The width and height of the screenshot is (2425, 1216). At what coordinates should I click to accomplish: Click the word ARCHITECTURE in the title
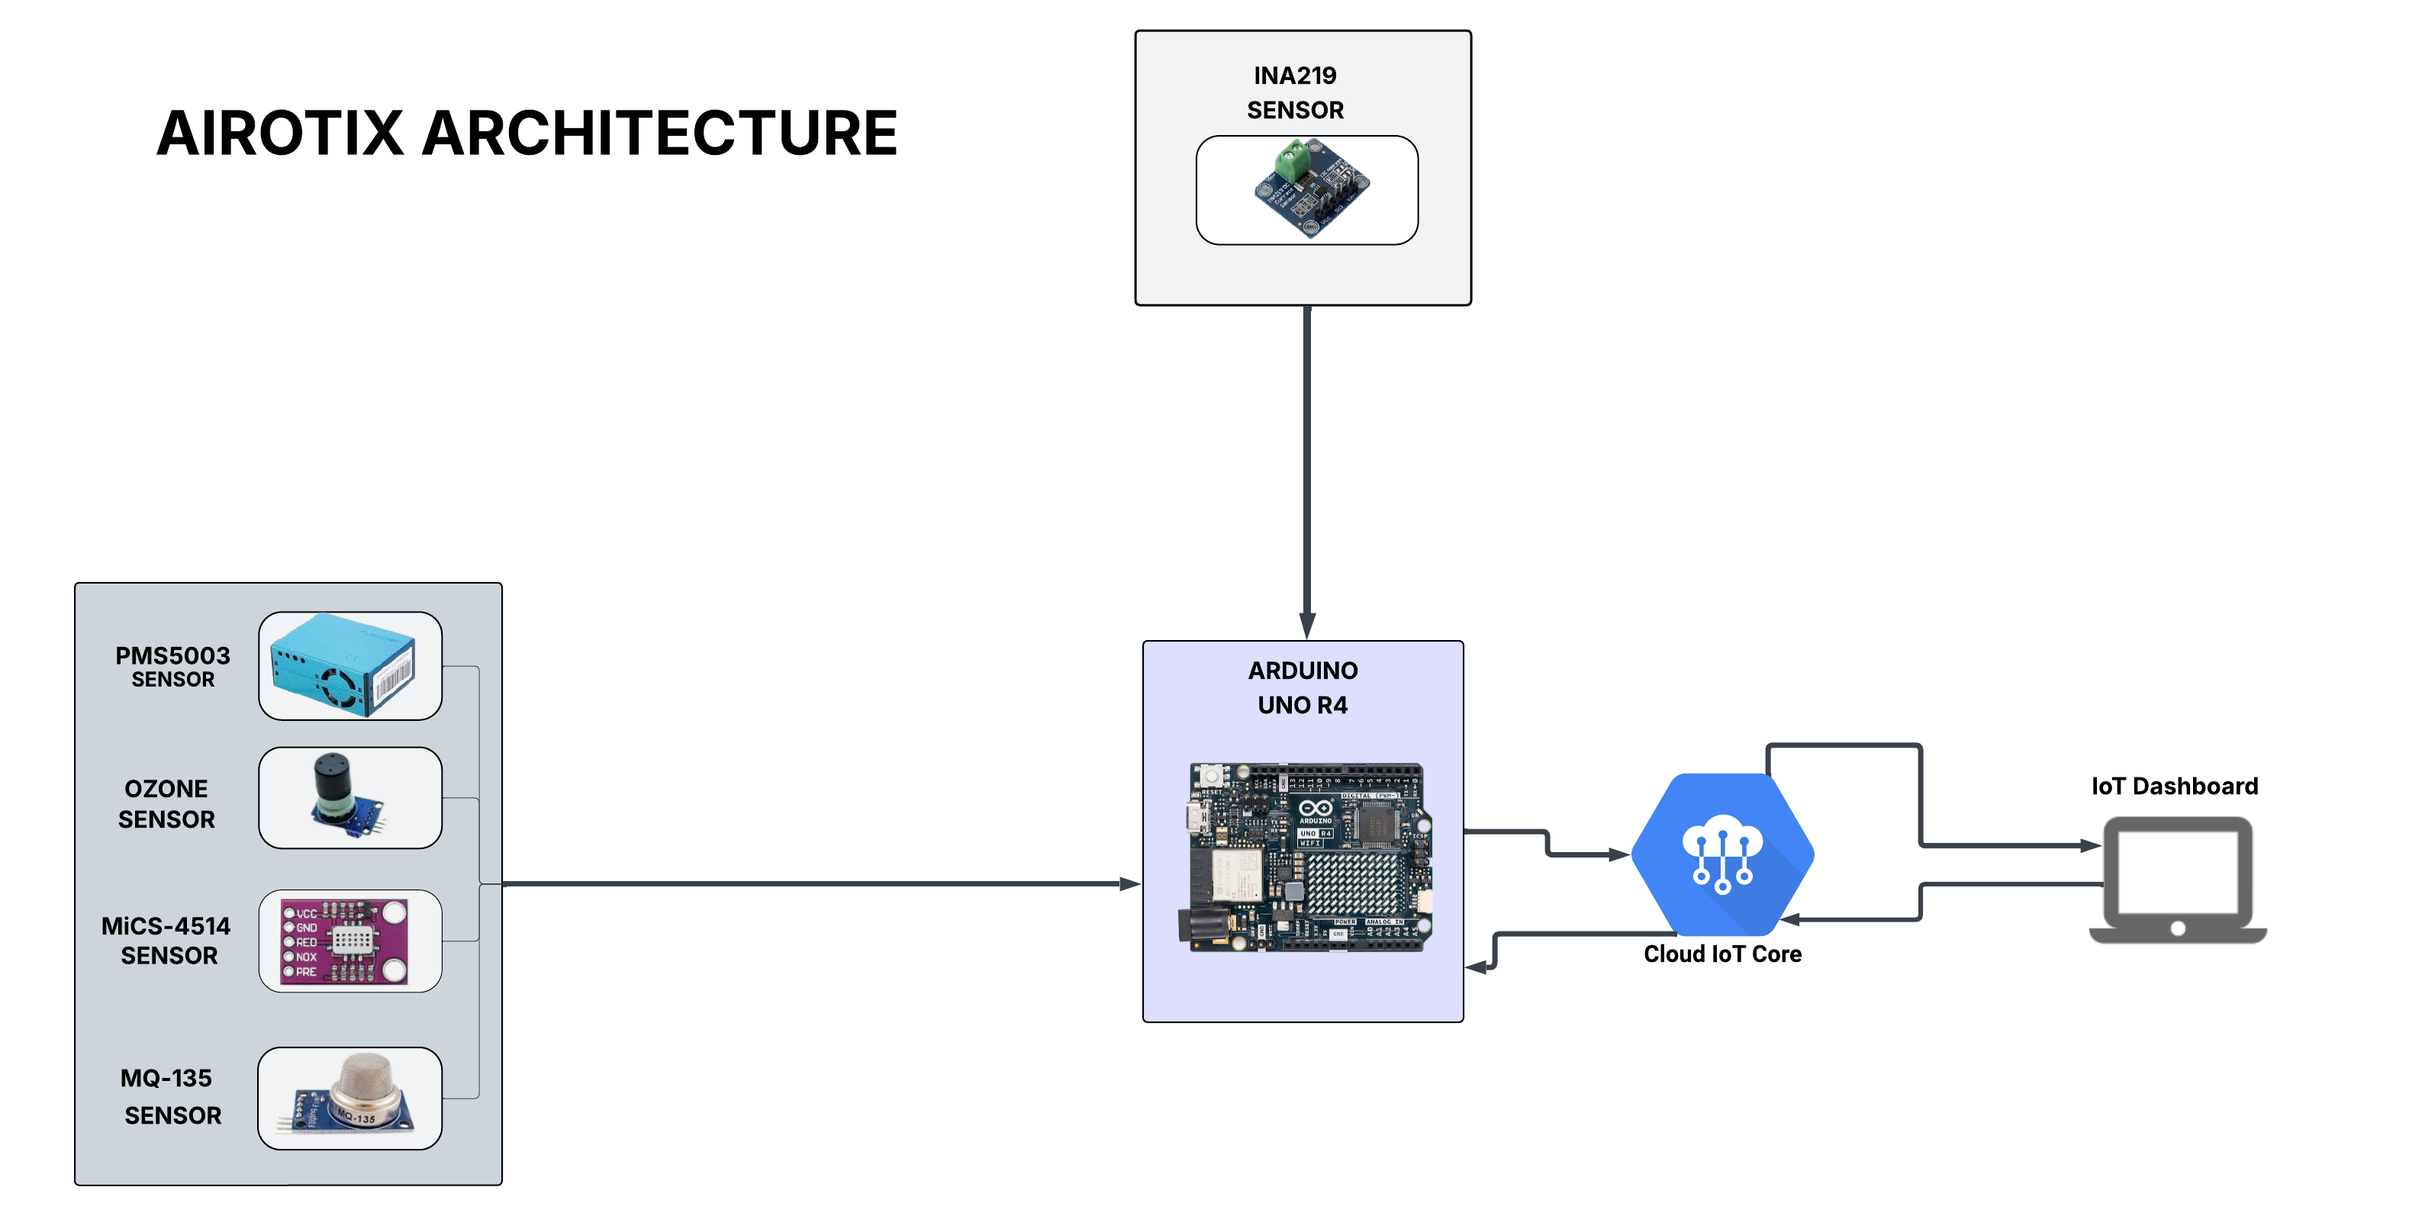(659, 133)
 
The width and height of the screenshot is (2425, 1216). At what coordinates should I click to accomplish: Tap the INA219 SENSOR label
(1296, 92)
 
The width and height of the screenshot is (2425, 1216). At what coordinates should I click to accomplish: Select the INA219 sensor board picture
(1309, 188)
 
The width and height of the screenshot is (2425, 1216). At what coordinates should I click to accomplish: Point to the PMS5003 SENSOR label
(172, 665)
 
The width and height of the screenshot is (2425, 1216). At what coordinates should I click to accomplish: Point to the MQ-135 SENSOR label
(170, 1095)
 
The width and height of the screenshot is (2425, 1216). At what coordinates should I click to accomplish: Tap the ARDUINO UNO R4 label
(1303, 687)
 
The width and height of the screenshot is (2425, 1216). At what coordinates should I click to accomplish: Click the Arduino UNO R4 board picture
(1305, 857)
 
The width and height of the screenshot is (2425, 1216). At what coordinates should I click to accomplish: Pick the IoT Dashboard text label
(2174, 786)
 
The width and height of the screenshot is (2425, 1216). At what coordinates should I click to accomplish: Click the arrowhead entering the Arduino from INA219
(1308, 626)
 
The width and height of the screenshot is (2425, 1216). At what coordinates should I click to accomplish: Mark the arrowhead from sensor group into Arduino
(1129, 883)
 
